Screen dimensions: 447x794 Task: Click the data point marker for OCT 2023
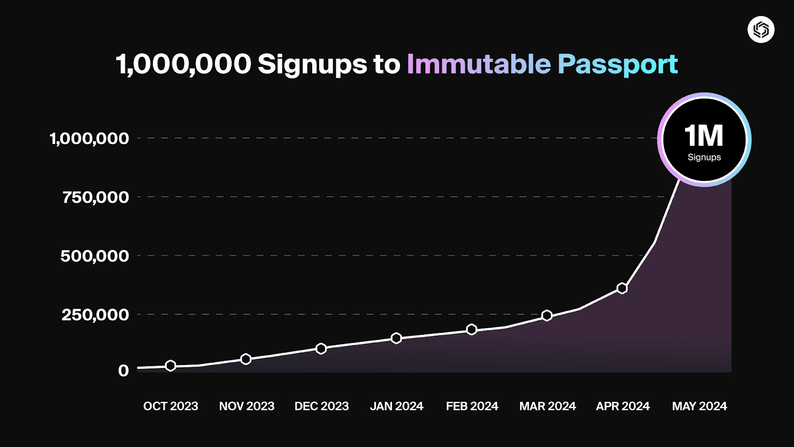(x=170, y=366)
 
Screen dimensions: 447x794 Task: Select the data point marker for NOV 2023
(x=246, y=359)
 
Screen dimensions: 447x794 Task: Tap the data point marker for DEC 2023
(x=321, y=349)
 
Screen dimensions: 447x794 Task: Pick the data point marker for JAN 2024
(x=396, y=338)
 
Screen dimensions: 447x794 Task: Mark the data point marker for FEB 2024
(x=471, y=329)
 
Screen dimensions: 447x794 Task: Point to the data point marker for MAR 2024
(x=547, y=315)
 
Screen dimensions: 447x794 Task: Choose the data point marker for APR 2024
(x=622, y=288)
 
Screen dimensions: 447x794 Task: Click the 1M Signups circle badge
(x=704, y=140)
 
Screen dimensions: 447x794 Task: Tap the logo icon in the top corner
(x=761, y=30)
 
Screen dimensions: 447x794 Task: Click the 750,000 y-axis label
(x=95, y=197)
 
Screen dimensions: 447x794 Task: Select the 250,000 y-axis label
(x=95, y=314)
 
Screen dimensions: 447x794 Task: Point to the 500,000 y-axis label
(x=94, y=256)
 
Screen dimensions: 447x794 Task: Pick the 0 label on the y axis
(x=123, y=371)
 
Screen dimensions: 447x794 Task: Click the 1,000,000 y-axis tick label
(x=89, y=138)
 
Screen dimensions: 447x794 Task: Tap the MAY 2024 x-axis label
(x=699, y=406)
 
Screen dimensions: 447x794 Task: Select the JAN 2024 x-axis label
(x=397, y=406)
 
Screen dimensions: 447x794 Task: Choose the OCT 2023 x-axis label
(x=171, y=406)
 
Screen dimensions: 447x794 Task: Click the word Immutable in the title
(x=478, y=64)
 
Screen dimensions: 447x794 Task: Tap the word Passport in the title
(x=617, y=64)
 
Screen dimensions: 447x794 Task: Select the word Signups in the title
(x=313, y=65)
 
